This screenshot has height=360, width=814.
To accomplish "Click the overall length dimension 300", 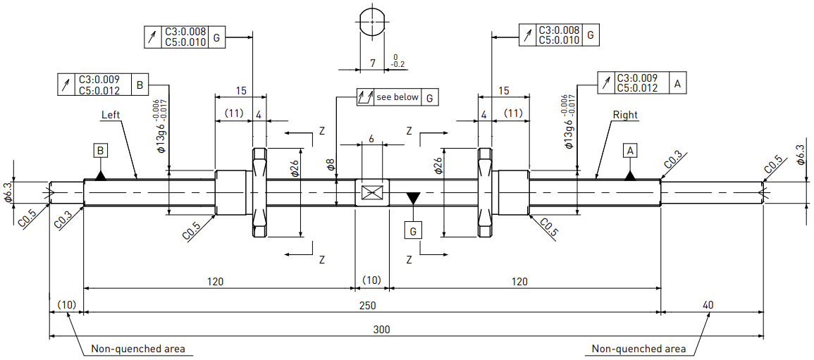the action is click(381, 330).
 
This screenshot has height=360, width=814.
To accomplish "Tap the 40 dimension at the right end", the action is click(708, 306).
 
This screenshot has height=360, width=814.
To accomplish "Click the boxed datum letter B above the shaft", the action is click(101, 151).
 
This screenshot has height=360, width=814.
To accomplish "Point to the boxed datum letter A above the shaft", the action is click(630, 151).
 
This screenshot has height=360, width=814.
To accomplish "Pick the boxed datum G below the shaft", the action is click(413, 231).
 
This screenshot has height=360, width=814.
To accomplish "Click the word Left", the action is click(111, 115).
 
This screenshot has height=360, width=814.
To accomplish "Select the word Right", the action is click(625, 115).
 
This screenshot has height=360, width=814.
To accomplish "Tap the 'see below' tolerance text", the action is click(397, 97).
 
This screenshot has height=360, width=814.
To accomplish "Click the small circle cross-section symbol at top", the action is click(372, 22).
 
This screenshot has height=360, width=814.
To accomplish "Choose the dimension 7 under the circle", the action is click(372, 63).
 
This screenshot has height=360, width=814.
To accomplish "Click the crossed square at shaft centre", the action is click(371, 193).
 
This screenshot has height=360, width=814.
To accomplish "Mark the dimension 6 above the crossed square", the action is click(371, 139).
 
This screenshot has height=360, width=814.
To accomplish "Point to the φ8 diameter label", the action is click(330, 166).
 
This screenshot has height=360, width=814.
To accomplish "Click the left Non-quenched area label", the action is click(138, 349).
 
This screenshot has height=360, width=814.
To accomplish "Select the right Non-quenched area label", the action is click(639, 349).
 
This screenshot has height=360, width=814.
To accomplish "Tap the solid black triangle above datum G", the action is click(413, 198).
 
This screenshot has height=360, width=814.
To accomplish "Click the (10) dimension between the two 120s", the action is click(371, 280).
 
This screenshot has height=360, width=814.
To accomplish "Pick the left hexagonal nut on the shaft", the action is click(259, 192).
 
